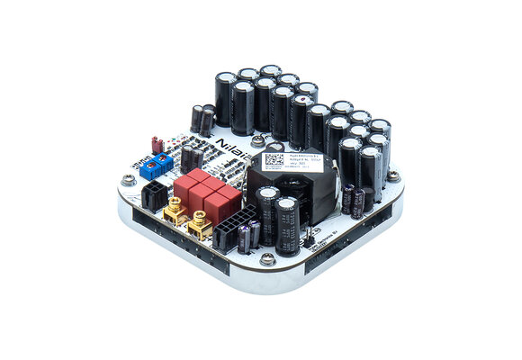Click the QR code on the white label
[x=273, y=159]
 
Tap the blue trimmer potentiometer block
[x=160, y=164]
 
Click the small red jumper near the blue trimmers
[x=157, y=142]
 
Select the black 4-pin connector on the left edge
[x=155, y=193]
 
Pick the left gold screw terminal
[x=173, y=212]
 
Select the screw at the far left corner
[x=129, y=179]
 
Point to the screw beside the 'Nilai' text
[x=258, y=141]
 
